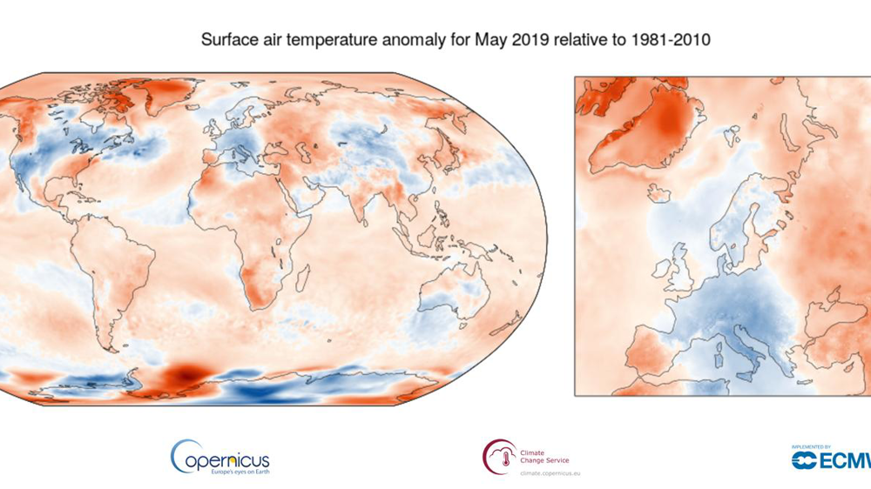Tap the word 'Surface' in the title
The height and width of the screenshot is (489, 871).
[226, 40]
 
